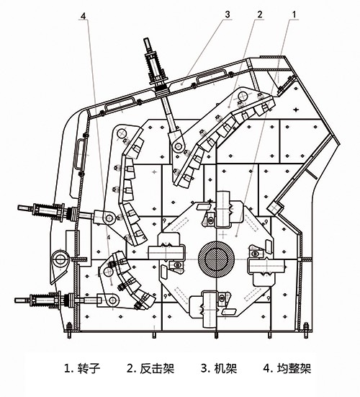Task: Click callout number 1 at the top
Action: (294, 14)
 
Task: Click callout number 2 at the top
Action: (260, 14)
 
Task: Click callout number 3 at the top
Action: (228, 14)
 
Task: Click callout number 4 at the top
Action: (84, 16)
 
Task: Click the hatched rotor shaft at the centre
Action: (216, 259)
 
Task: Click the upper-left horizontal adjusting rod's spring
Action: (46, 211)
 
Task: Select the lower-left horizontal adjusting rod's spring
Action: (43, 300)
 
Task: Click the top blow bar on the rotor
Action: (223, 209)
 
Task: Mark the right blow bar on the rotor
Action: (267, 267)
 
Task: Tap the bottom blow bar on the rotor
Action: (210, 309)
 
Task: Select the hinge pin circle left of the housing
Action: (60, 259)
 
